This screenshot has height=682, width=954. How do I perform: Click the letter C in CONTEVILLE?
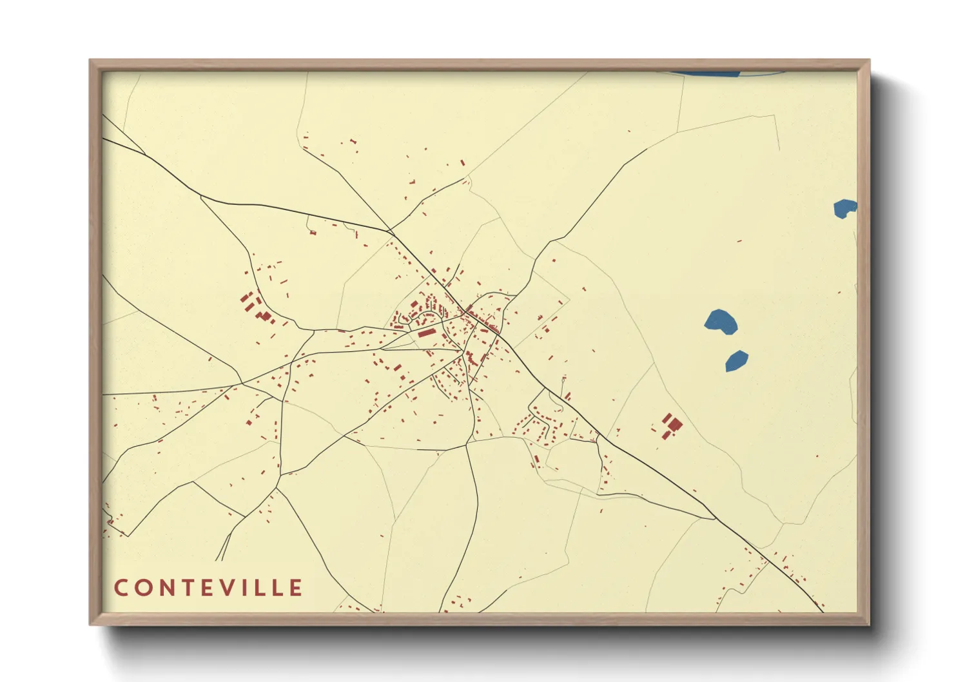tap(121, 588)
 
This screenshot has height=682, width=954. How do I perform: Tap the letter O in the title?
tap(144, 588)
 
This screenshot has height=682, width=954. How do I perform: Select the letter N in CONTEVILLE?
tap(168, 588)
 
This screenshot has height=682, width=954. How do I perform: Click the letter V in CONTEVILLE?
tap(232, 588)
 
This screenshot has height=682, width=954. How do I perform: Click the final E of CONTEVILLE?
tap(297, 588)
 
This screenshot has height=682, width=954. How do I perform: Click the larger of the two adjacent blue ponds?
tap(721, 321)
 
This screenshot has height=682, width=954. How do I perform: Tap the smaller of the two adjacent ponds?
tap(736, 361)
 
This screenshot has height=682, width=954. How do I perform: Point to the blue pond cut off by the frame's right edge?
tap(845, 208)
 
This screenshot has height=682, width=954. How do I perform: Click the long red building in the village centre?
tap(427, 333)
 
